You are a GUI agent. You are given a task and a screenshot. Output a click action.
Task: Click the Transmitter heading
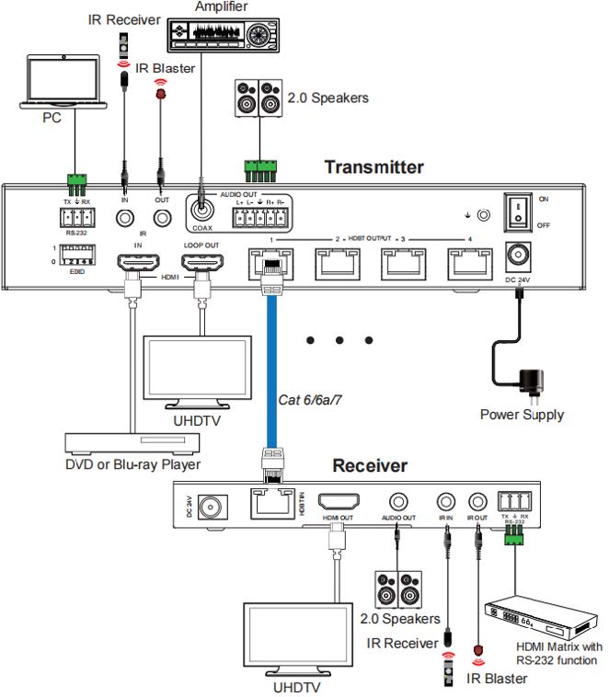pyautogui.click(x=373, y=166)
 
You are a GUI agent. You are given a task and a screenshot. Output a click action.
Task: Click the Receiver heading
pyautogui.click(x=369, y=465)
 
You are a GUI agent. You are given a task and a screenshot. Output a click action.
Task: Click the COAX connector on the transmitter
pyautogui.click(x=202, y=205)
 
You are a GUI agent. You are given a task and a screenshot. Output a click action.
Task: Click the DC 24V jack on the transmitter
pyautogui.click(x=519, y=255)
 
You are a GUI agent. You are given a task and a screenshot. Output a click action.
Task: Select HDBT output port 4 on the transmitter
pyautogui.click(x=468, y=264)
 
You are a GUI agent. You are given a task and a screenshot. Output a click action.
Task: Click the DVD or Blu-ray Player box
pyautogui.click(x=132, y=442)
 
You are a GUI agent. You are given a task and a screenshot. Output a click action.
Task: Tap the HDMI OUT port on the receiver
pyautogui.click(x=337, y=502)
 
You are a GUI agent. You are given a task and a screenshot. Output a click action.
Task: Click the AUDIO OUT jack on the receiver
pyautogui.click(x=398, y=501)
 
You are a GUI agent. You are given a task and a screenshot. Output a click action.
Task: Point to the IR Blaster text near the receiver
pyautogui.click(x=496, y=679)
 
